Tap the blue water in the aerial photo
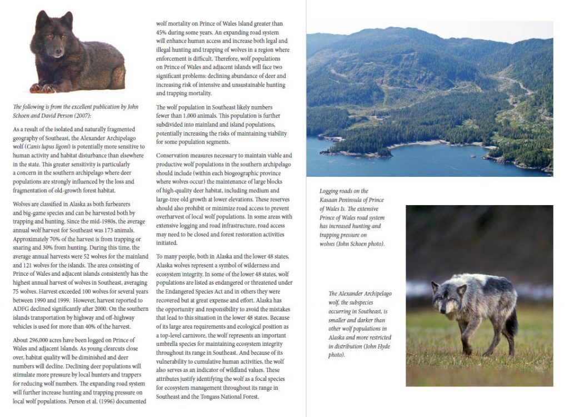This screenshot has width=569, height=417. click(x=389, y=164)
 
